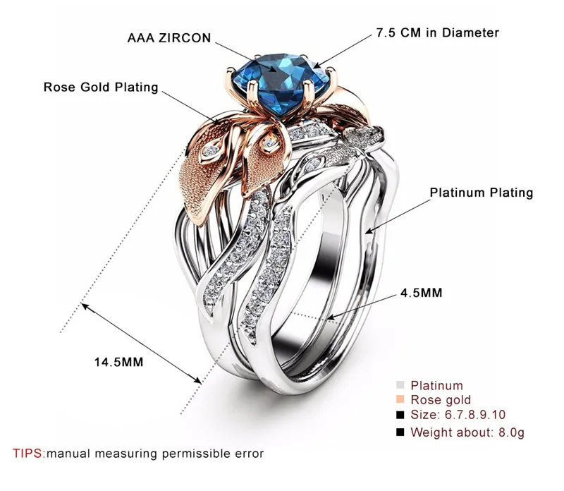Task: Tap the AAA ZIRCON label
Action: coord(169,38)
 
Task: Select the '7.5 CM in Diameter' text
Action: coord(438,32)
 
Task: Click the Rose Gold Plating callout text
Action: coord(101,87)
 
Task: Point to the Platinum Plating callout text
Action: coord(482,193)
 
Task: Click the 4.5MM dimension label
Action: coord(421,293)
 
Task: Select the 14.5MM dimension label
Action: coord(118,362)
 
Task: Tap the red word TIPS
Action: coord(28,453)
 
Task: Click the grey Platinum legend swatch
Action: coord(400,385)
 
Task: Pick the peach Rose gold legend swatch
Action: coord(400,399)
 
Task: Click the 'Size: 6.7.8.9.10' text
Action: coord(458,415)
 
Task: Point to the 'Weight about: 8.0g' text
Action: coord(467,432)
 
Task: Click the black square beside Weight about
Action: coord(400,432)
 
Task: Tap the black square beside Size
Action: coord(400,415)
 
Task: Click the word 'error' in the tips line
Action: coord(250,454)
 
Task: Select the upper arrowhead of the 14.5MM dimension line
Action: coord(84,306)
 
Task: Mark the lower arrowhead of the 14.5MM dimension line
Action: coord(197,380)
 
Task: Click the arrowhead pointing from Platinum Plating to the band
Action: coord(369,231)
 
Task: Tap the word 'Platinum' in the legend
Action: coord(437,385)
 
